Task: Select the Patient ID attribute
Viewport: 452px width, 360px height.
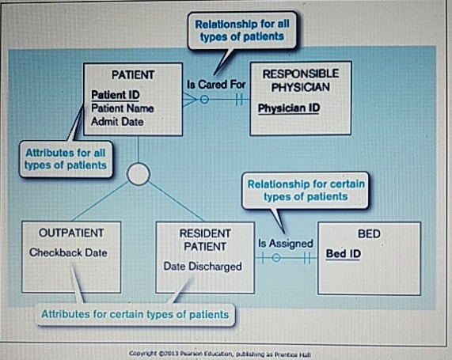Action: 116,95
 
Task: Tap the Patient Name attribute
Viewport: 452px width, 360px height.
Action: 123,108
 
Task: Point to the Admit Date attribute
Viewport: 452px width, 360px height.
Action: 117,121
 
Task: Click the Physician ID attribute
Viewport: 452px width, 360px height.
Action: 289,108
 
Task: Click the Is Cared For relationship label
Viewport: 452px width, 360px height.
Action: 216,83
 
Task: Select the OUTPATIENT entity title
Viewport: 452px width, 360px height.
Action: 70,235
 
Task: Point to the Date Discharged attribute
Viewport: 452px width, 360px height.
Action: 203,267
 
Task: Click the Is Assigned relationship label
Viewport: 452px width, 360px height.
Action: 286,243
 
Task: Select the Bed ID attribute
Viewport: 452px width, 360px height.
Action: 344,255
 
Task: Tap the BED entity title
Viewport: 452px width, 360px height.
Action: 368,235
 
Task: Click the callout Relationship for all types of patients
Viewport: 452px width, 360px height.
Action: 243,31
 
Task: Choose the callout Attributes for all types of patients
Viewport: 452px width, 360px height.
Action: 65,157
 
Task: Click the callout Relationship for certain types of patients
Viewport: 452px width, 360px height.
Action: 305,191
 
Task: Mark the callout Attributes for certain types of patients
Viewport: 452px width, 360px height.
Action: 135,315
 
